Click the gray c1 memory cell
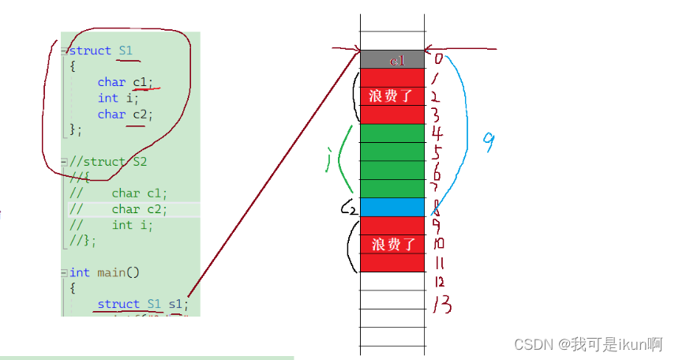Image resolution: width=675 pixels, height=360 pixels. point(392,60)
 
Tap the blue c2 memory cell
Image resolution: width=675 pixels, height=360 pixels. point(392,207)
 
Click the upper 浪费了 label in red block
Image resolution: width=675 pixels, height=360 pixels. point(392,96)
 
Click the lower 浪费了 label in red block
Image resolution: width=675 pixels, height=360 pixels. point(392,244)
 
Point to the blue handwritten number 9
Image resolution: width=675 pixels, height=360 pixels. point(489,142)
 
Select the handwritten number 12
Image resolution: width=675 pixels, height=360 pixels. point(439,282)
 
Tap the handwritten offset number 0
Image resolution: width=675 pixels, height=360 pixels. point(438,59)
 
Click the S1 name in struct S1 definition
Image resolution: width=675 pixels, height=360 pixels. point(126,51)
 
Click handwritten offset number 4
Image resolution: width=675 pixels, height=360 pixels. point(437,132)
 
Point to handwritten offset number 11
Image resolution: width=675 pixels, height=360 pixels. point(439,263)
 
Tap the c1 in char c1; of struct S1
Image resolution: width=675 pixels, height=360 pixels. point(140,82)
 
